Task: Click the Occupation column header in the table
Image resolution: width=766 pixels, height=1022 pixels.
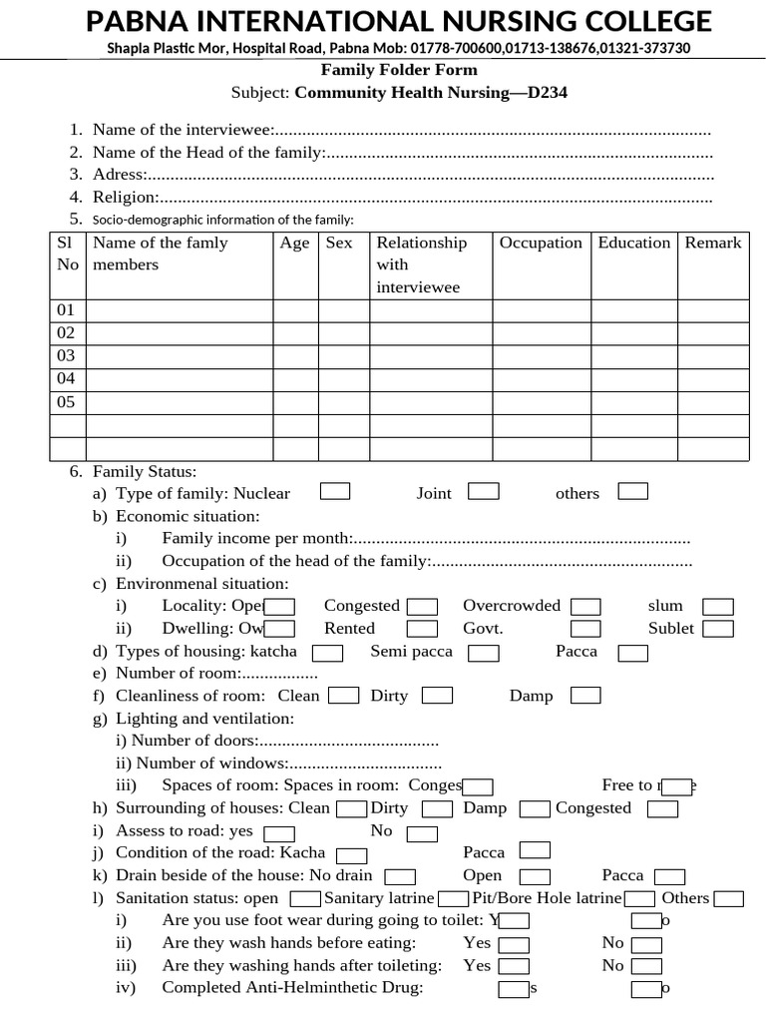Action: click(x=541, y=243)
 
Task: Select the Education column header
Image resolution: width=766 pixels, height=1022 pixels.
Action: click(x=634, y=243)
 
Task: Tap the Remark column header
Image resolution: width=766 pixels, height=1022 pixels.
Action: click(x=713, y=243)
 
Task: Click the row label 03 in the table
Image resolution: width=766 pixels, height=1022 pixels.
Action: click(x=66, y=355)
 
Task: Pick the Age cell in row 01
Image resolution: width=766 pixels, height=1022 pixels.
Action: click(x=295, y=310)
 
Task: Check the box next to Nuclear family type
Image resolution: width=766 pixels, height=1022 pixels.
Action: click(x=335, y=491)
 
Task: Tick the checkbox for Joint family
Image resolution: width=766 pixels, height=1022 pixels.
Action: click(x=484, y=491)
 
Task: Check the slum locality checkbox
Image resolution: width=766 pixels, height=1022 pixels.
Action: click(x=718, y=607)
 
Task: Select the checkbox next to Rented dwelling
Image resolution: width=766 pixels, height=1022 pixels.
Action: click(x=423, y=629)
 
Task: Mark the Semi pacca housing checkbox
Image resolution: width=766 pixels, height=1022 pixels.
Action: click(x=484, y=653)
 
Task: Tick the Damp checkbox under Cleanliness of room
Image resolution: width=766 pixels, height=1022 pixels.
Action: click(x=585, y=695)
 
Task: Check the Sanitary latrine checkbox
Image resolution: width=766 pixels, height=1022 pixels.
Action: click(x=454, y=898)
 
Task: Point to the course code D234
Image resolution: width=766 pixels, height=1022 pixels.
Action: click(x=548, y=93)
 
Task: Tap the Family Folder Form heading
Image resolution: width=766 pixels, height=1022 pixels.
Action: click(x=399, y=70)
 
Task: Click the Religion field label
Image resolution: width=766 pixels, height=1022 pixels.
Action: click(x=126, y=197)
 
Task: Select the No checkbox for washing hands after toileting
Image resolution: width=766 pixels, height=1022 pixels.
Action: click(x=647, y=966)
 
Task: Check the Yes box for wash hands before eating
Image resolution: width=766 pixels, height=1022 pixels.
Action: click(x=514, y=944)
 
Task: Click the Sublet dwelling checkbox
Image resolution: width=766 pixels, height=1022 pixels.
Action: click(x=718, y=629)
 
